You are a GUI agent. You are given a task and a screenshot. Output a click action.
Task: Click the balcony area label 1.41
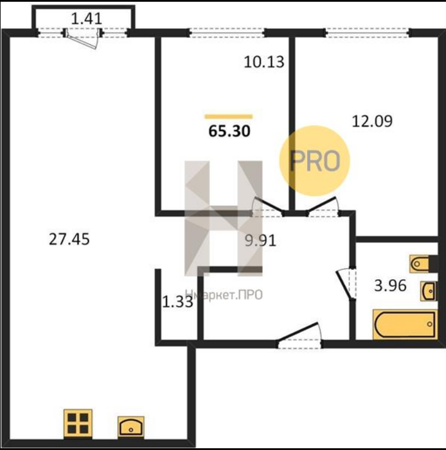pos(86,19)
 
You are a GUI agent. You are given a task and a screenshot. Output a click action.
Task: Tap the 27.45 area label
pos(69,239)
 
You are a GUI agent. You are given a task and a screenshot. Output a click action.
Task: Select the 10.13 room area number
pos(264,62)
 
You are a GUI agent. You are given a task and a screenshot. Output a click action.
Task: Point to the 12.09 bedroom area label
pos(372,121)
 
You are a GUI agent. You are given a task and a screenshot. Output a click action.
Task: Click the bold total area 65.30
pos(229,131)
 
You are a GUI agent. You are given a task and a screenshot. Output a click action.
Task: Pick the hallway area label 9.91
pos(260,240)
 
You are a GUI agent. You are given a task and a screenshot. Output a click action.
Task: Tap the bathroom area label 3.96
pos(390,285)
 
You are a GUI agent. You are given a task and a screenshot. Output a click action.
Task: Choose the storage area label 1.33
pos(177,302)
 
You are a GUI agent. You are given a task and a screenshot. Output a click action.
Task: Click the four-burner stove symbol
pos(78,424)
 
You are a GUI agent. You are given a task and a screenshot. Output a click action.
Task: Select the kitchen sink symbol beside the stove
pos(131,428)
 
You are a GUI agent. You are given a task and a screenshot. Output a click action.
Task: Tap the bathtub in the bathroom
pos(406,324)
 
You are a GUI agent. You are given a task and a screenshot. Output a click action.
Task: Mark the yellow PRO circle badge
pos(315,161)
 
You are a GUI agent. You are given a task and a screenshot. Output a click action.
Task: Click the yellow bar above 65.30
pos(229,116)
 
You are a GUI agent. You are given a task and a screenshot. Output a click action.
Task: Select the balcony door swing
pos(82,39)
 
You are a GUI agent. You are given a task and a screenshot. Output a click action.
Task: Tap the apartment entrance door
pos(299,335)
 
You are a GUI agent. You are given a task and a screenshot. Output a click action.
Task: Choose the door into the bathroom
pos(346,284)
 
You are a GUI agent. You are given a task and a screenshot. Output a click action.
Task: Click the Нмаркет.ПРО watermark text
pos(224,294)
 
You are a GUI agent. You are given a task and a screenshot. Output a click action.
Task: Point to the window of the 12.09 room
pos(368,33)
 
